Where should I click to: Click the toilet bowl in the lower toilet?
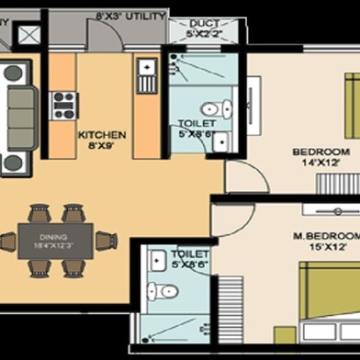coord(165,291)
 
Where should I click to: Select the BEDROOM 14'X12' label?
coord(321,152)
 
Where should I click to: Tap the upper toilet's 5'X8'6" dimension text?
coord(196,135)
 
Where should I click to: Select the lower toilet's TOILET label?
coord(189,253)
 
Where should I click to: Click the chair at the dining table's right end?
coord(106,242)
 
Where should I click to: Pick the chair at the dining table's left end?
coord(6,242)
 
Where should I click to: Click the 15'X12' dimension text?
coord(325,246)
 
